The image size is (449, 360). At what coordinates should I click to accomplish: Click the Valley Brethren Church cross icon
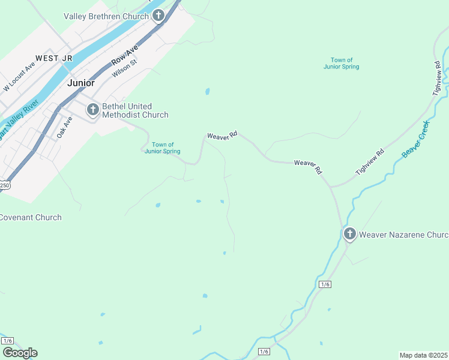tap(158, 16)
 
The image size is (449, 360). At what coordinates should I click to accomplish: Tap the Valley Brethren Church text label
tap(106, 16)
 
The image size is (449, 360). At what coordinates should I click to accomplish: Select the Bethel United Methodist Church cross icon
tap(92, 110)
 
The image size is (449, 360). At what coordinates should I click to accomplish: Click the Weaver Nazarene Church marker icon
tap(349, 234)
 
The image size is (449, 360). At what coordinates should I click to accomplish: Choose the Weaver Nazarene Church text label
tap(403, 235)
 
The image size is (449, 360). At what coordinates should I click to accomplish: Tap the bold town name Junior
tap(81, 83)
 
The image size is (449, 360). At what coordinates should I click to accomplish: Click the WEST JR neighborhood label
tap(54, 58)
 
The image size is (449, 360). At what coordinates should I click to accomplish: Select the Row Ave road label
tap(124, 55)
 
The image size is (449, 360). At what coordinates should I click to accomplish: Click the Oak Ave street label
tap(64, 127)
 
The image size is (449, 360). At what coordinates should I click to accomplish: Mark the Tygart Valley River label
tap(18, 120)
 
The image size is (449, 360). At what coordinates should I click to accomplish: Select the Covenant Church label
tap(31, 217)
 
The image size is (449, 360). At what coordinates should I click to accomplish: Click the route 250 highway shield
tap(4, 185)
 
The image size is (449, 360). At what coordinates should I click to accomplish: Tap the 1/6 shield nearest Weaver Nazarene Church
tap(325, 284)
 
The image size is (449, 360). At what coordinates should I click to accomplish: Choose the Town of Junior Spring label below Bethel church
tap(163, 148)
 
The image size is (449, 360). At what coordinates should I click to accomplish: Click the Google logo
tap(20, 353)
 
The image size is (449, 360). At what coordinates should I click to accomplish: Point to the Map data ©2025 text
tap(423, 355)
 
